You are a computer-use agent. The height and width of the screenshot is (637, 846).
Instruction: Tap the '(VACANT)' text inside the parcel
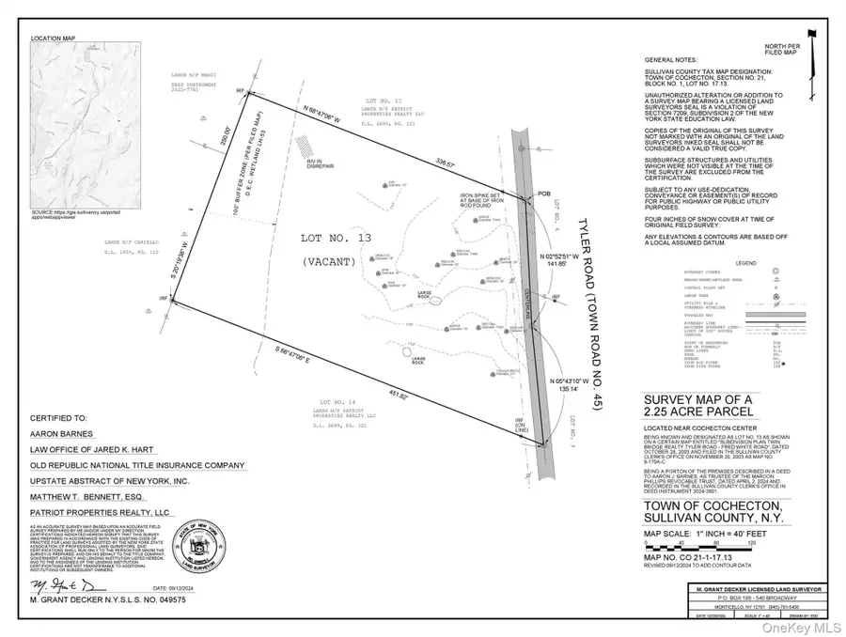pyautogui.click(x=329, y=262)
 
